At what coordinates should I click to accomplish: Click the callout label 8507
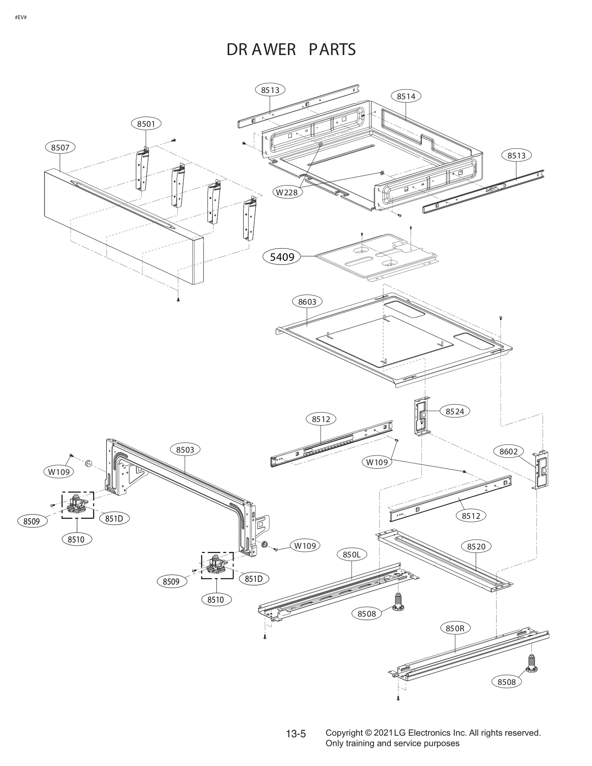pos(60,148)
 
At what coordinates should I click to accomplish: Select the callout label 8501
pos(146,124)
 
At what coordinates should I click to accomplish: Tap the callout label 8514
pos(406,97)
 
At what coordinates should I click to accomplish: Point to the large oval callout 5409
pos(282,257)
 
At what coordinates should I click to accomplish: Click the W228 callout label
pos(287,192)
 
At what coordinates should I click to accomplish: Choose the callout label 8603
pos(307,302)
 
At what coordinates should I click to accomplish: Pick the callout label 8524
pos(454,411)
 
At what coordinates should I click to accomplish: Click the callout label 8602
pos(508,452)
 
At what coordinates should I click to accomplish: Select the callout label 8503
pos(185,450)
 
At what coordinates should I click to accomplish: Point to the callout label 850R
pos(455,628)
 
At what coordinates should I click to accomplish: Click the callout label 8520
pos(476,546)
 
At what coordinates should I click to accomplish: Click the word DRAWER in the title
pos(261,50)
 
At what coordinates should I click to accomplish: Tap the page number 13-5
pos(296,734)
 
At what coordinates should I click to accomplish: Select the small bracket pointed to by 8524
pos(422,416)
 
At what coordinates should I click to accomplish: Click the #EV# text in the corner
pos(21,17)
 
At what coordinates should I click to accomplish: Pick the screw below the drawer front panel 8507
pos(178,300)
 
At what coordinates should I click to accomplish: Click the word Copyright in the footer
pos(344,733)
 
